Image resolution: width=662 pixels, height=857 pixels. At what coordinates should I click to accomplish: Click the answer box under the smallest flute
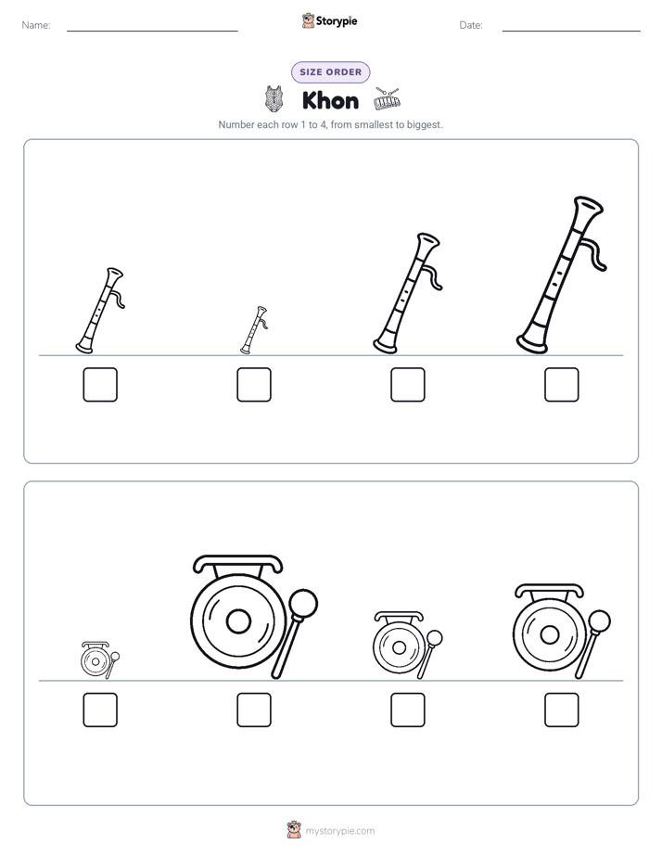tap(254, 385)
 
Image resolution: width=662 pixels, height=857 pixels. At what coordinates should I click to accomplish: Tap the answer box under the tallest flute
tap(562, 385)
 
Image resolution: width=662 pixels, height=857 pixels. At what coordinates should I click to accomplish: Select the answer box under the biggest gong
tap(254, 710)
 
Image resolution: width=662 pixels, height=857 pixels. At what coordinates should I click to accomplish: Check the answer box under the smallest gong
tap(100, 710)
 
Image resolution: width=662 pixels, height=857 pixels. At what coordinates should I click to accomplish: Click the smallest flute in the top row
tap(254, 330)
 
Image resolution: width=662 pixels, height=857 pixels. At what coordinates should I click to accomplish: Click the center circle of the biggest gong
tap(238, 621)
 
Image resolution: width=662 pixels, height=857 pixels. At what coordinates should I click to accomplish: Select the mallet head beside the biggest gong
tap(303, 604)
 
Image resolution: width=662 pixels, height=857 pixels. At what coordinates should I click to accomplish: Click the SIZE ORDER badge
tap(330, 72)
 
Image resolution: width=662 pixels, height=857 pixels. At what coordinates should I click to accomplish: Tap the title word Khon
tap(330, 101)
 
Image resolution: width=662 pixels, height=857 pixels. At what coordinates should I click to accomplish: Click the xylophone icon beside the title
tap(388, 99)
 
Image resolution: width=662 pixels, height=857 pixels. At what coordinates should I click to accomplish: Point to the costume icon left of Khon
tap(274, 99)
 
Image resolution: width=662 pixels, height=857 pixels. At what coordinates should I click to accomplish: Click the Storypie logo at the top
tap(329, 21)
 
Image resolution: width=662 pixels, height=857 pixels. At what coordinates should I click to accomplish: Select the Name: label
tap(36, 25)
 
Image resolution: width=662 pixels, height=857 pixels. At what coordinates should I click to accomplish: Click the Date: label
tap(471, 25)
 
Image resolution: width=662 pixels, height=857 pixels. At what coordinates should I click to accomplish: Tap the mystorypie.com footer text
tap(339, 831)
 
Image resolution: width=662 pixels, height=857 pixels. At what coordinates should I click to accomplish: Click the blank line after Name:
tap(152, 31)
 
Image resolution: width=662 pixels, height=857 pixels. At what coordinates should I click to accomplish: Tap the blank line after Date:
tap(571, 31)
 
